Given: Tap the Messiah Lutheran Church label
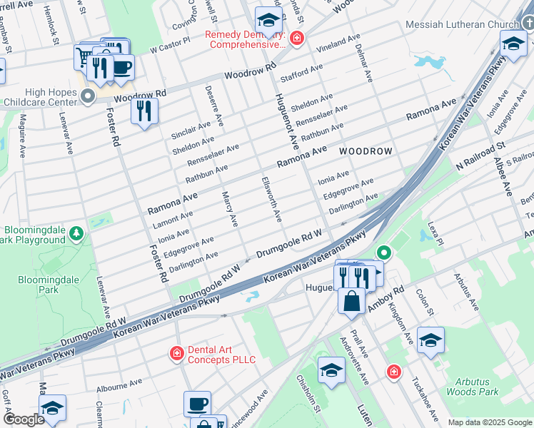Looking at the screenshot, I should point(461,24).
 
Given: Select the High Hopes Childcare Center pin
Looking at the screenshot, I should point(89,96).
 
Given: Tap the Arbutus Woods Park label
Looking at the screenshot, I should point(472,387).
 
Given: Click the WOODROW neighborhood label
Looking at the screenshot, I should point(366,151).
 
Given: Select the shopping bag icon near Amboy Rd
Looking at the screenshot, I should point(352,300).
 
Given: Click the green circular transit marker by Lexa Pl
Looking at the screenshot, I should point(384,253).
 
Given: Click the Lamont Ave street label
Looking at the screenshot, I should point(170,217).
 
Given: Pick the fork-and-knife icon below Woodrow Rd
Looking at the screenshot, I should point(145,111).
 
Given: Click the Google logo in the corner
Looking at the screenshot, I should point(24,419).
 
